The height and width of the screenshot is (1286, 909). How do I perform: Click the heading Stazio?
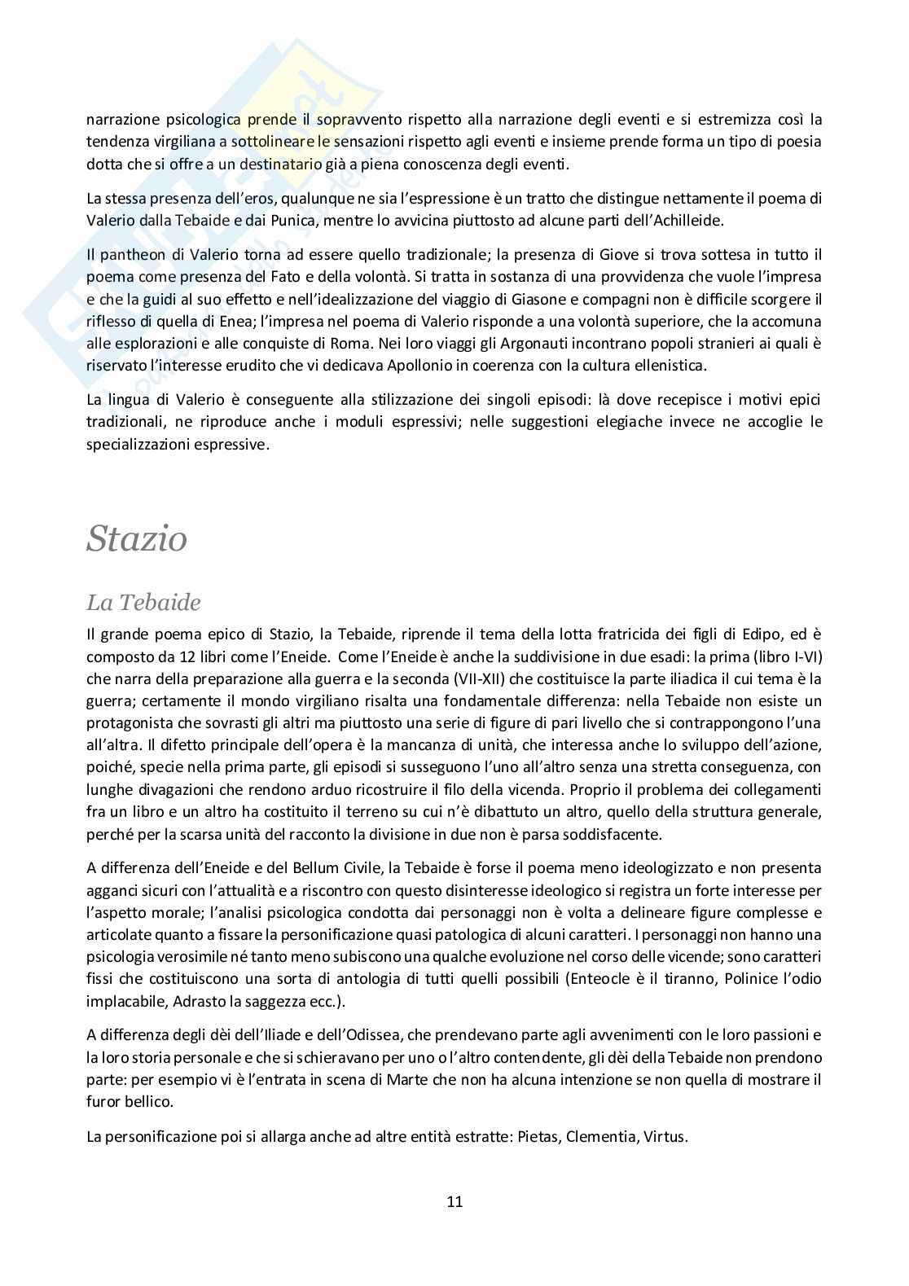pos(137,538)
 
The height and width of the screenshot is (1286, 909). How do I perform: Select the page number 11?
pos(455,1201)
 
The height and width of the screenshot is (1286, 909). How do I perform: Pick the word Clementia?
pos(599,1135)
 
